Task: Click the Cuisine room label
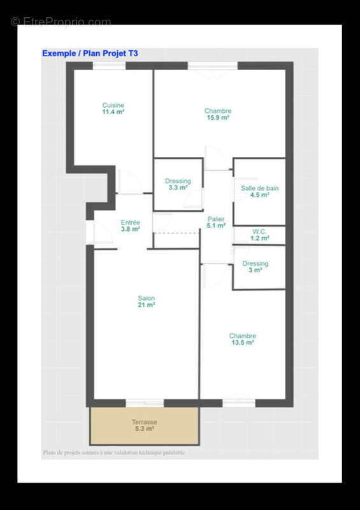point(113,105)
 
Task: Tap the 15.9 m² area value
point(218,118)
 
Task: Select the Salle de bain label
point(259,188)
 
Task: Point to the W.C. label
point(259,231)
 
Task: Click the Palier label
point(216,219)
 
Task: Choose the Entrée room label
point(131,222)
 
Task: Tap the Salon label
point(147,298)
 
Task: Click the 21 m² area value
point(147,305)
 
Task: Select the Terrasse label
point(145,422)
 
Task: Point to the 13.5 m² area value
point(242,343)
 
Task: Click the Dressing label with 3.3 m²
point(178,181)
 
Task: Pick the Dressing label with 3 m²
point(256,263)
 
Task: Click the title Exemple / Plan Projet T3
point(90,54)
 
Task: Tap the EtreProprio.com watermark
point(61,22)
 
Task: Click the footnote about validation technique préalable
point(114,453)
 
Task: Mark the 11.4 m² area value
point(113,112)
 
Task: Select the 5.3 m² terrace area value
point(145,429)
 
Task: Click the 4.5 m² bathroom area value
point(259,195)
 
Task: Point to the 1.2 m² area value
point(259,238)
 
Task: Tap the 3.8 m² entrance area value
point(131,229)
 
